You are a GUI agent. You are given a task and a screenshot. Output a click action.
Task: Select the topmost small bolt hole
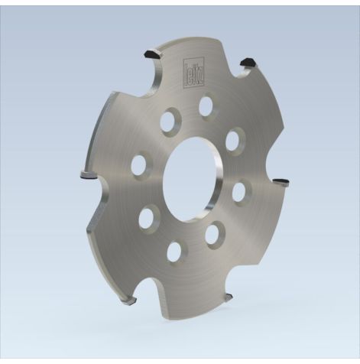206,106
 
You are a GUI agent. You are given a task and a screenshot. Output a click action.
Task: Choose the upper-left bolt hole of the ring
169,120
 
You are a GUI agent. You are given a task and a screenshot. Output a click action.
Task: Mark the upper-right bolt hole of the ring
235,140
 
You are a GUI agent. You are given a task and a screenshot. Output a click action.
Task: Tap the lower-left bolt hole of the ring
148,216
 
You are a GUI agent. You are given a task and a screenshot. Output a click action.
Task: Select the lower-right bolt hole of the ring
215,233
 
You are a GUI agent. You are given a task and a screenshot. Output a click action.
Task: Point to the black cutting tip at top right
248,62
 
